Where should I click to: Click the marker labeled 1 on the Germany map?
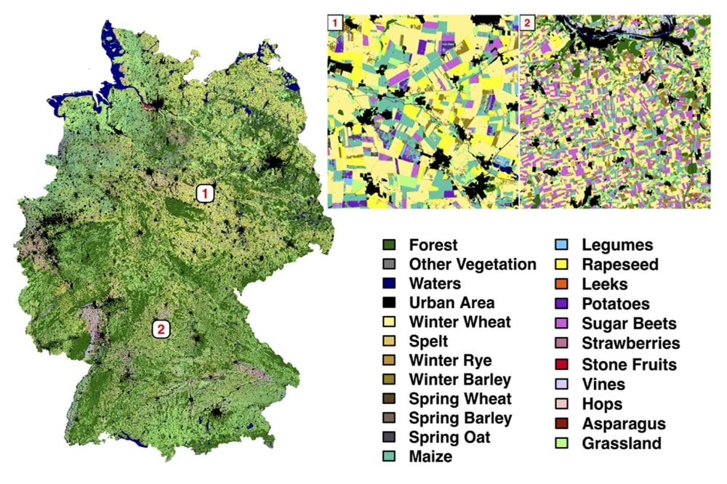(x=206, y=193)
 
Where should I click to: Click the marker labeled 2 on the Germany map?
(x=161, y=329)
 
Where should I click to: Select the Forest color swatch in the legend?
(x=389, y=246)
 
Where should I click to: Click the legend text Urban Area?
(x=451, y=302)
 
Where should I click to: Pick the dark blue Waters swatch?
(x=389, y=283)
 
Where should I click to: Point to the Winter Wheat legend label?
(x=459, y=322)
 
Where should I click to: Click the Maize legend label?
(x=430, y=456)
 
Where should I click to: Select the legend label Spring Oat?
(x=449, y=437)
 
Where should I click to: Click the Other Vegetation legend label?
(x=473, y=265)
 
